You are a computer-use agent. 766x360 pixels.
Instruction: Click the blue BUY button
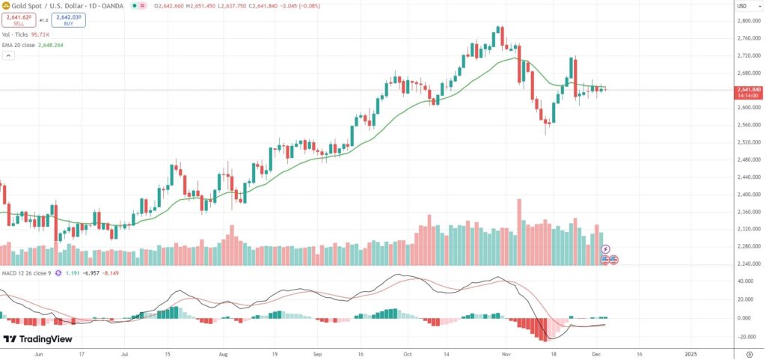tap(68, 19)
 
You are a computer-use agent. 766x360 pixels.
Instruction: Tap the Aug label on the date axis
tap(223, 353)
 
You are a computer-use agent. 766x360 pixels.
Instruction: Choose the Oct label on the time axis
tap(408, 353)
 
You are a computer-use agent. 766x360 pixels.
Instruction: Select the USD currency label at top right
tap(742, 6)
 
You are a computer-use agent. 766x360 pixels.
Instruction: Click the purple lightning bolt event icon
tap(607, 248)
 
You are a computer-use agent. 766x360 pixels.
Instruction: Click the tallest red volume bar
tap(518, 232)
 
